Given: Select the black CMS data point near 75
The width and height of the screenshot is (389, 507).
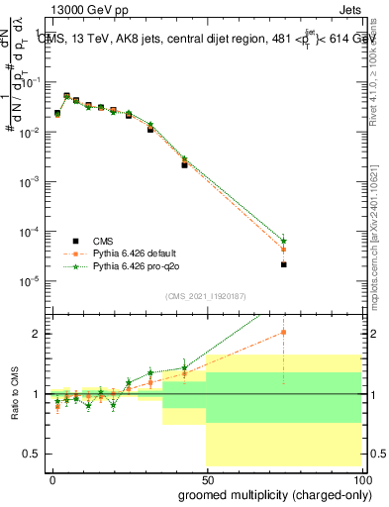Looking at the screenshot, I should click(284, 264).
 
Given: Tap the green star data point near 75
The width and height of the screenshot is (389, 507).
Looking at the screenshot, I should click(284, 241).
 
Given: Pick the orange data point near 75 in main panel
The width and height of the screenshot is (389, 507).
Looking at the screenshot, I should click(284, 250).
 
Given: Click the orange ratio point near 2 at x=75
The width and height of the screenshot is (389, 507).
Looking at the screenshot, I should click(284, 333).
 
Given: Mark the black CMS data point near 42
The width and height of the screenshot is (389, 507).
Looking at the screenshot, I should click(184, 164).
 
